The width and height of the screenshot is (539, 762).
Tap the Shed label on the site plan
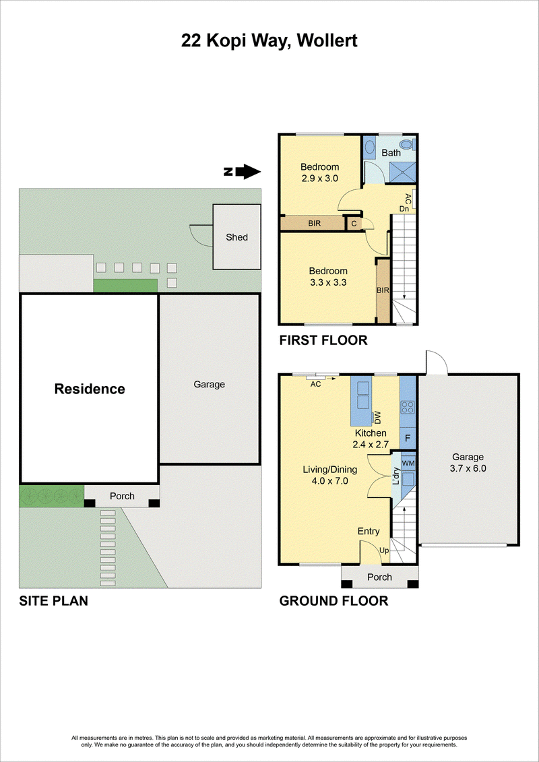(x=236, y=237)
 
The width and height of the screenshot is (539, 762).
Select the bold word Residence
(x=90, y=389)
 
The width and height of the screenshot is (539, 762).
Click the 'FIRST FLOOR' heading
(x=323, y=340)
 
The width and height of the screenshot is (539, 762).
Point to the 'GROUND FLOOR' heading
(x=334, y=601)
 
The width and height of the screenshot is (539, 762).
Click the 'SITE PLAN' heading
(x=53, y=601)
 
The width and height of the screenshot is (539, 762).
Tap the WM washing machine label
(x=408, y=463)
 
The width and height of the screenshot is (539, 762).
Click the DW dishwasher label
(x=377, y=416)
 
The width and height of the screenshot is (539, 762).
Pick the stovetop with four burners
(x=408, y=406)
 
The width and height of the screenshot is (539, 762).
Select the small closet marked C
(x=353, y=223)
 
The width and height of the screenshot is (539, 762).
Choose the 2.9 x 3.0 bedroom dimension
(x=319, y=178)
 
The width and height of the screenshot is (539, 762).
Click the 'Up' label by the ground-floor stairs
(x=384, y=550)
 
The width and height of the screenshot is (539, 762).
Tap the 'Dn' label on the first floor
(x=404, y=208)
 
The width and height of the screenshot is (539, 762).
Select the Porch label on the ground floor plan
(x=379, y=577)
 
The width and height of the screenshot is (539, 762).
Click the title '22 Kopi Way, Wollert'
(x=269, y=41)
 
